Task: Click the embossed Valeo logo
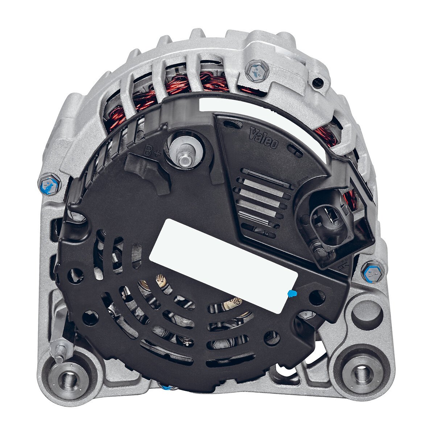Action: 264,137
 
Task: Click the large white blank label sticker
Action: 224,266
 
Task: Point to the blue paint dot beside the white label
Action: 292,294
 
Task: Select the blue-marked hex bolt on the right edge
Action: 373,274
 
